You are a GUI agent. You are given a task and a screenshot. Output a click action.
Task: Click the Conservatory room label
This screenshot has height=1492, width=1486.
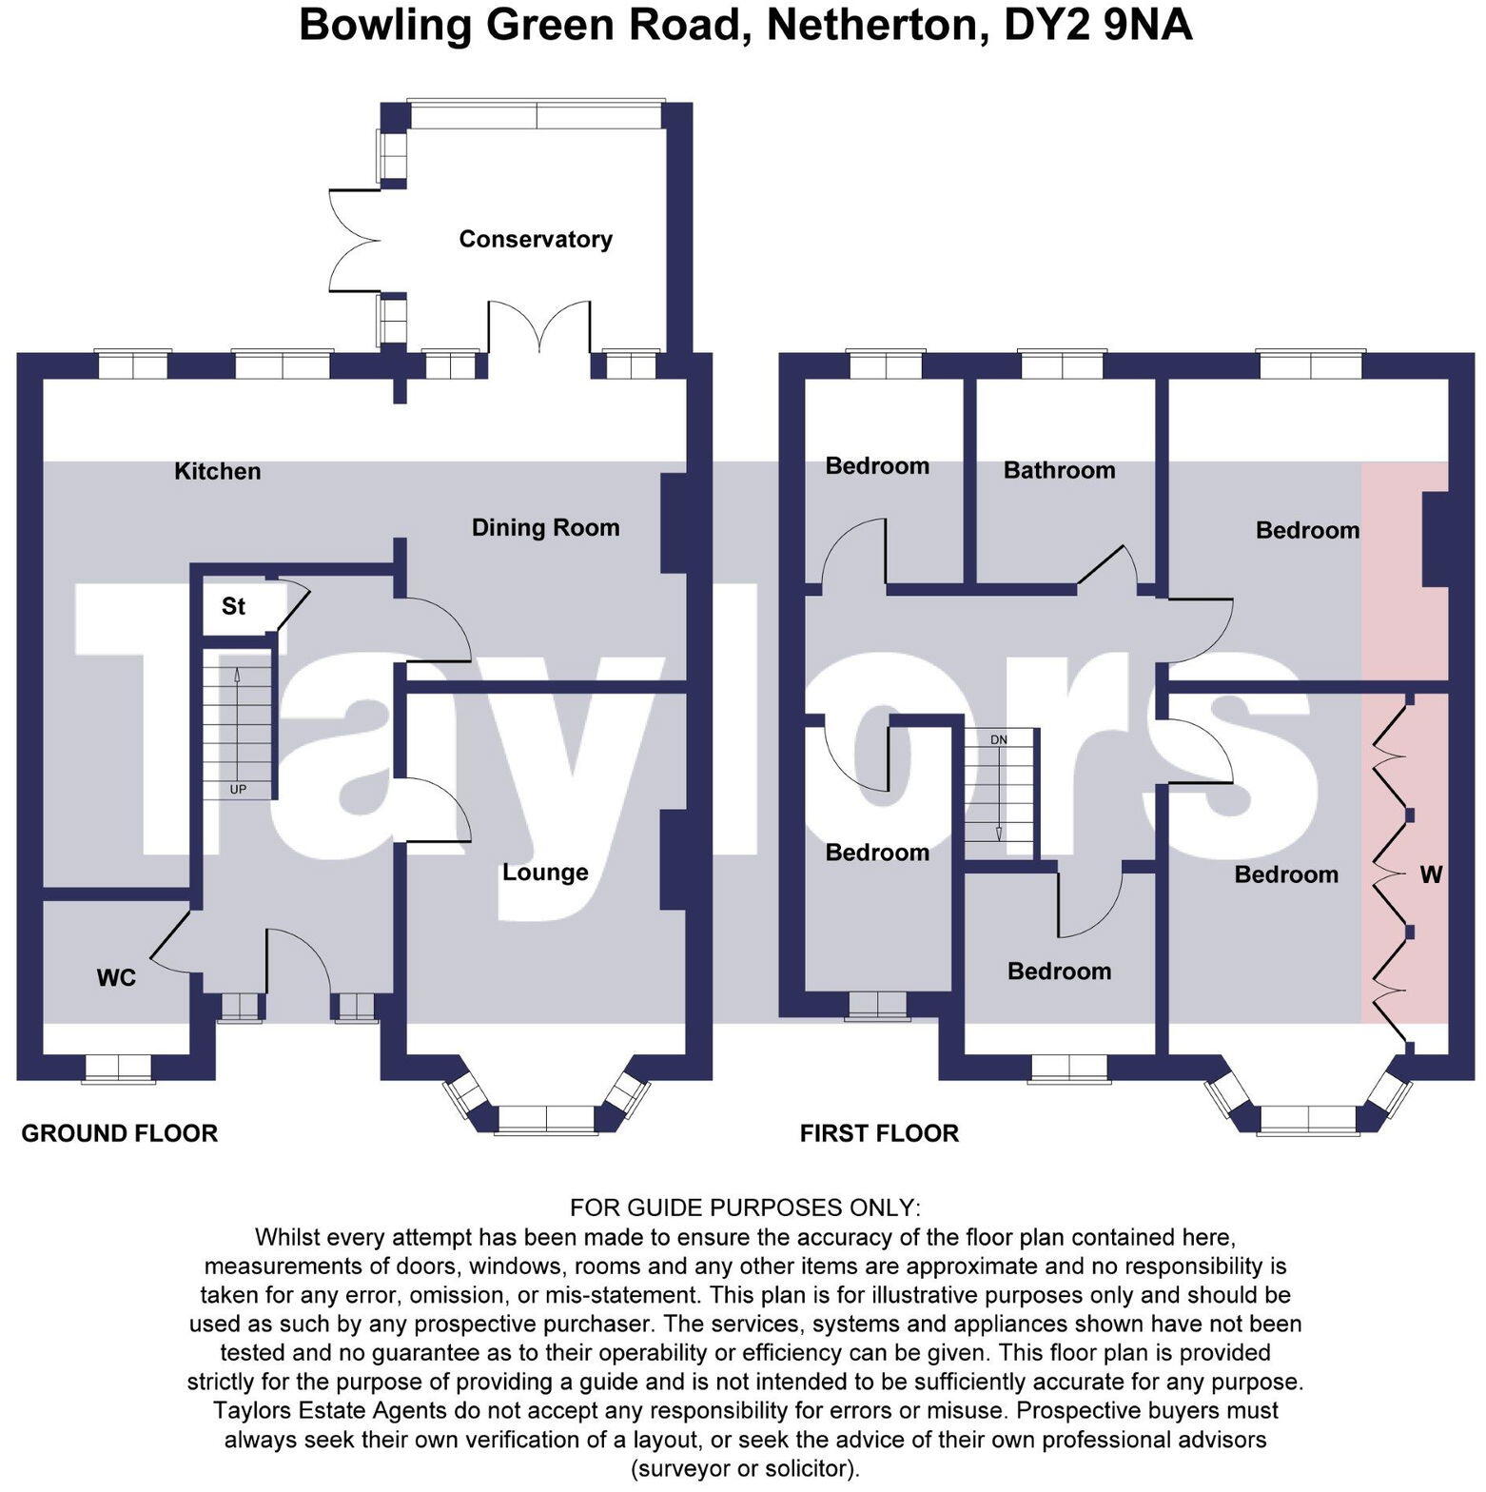pos(535,239)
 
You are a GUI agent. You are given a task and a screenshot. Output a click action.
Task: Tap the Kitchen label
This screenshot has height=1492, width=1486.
pos(217,471)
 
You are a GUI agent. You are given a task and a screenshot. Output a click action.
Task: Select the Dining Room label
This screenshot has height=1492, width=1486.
pos(545,527)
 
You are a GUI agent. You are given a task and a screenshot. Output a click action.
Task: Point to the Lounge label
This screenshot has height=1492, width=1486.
pos(545,872)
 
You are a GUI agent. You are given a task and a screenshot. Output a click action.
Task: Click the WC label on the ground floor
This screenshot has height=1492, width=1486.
pos(116,977)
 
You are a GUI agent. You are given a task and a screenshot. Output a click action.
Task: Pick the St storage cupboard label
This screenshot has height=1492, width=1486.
pos(233,606)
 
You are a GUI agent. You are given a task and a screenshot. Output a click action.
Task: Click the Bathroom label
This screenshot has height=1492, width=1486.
pos(1059,470)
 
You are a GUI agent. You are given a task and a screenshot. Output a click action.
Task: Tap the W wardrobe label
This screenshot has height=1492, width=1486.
pos(1431,874)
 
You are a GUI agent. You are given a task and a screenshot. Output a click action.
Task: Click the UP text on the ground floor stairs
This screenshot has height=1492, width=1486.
pos(238,789)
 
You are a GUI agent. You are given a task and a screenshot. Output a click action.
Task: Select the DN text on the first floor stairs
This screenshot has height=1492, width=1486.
pos(998,739)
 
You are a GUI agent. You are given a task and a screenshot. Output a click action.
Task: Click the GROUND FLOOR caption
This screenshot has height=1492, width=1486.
pos(120,1133)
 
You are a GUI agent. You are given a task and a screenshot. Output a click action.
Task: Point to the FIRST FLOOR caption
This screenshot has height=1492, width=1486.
pos(879,1133)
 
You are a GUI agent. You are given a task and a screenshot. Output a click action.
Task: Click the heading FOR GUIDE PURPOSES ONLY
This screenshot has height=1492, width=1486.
pos(745,1207)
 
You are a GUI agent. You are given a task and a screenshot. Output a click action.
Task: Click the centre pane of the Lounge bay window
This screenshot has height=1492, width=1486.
pos(546,1119)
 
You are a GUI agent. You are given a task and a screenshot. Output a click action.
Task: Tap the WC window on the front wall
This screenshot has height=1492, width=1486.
pos(119,1068)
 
